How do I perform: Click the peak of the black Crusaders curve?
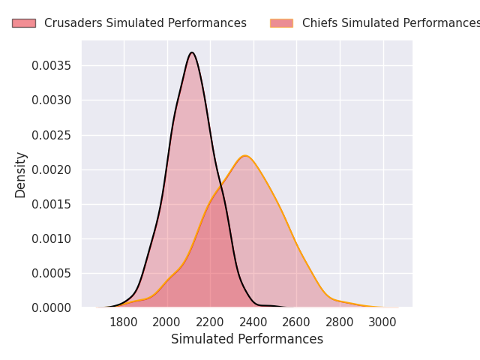pos(192,52)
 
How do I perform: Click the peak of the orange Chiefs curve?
pos(244,156)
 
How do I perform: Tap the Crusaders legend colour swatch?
pos(23,23)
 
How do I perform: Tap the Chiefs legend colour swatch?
pos(281,23)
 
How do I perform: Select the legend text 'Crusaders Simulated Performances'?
pos(145,23)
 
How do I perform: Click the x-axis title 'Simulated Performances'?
pos(247,339)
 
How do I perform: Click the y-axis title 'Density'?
pos(21,175)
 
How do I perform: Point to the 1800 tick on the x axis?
pos(124,322)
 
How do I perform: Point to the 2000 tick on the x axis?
pos(167,322)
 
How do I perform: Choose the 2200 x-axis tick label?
pos(210,322)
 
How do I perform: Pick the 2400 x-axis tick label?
pos(253,322)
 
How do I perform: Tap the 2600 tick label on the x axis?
pos(296,322)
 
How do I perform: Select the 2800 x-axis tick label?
pos(340,322)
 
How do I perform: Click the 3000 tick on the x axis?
pos(383,322)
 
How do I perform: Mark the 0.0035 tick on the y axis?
pos(52,66)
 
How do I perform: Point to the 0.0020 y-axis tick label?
pos(52,169)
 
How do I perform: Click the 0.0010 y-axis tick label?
pos(52,238)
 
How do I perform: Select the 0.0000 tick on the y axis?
pos(52,307)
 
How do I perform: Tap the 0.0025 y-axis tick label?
pos(52,135)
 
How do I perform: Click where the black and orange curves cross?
pos(221,184)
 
